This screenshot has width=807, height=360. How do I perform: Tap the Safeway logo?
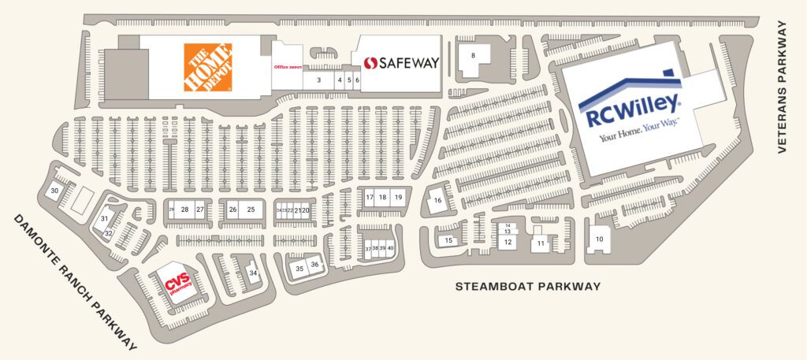pyautogui.click(x=400, y=61)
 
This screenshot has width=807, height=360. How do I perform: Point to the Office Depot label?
pyautogui.click(x=288, y=67)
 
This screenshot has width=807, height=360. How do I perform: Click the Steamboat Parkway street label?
pyautogui.click(x=528, y=286)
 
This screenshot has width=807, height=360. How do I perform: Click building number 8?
pyautogui.click(x=473, y=55)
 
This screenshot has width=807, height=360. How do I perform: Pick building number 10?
pyautogui.click(x=599, y=239)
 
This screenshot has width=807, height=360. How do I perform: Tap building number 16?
pyautogui.click(x=438, y=201)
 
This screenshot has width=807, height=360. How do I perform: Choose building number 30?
pyautogui.click(x=54, y=191)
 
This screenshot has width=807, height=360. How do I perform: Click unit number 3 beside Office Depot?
pyautogui.click(x=318, y=80)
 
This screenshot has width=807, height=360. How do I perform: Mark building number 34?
pyautogui.click(x=253, y=273)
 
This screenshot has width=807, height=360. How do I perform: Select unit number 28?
pyautogui.click(x=184, y=210)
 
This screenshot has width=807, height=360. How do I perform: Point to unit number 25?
pyautogui.click(x=251, y=210)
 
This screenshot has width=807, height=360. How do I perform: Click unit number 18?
pyautogui.click(x=382, y=197)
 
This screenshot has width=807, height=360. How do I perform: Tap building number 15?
pyautogui.click(x=448, y=240)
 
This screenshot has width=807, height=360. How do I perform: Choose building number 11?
pyautogui.click(x=541, y=243)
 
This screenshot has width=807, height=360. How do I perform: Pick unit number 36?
pyautogui.click(x=314, y=265)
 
